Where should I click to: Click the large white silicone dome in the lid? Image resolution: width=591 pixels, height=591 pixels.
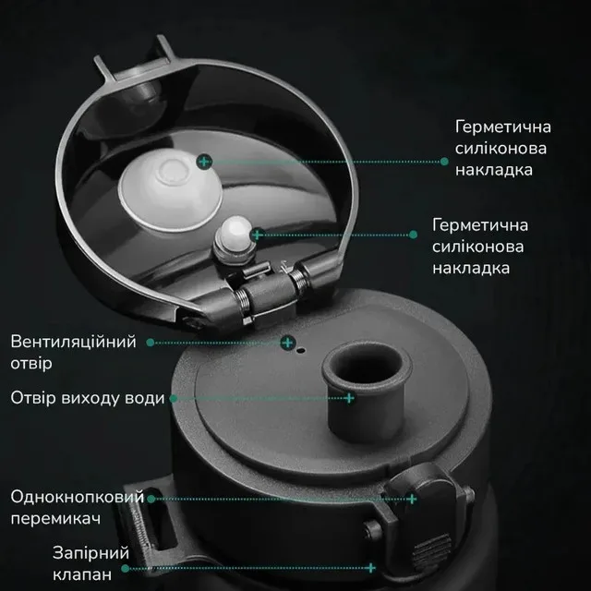click(x=171, y=189)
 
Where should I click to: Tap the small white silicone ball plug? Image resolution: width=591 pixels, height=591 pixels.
click(x=236, y=231)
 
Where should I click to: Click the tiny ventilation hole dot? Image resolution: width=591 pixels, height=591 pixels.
click(x=301, y=351)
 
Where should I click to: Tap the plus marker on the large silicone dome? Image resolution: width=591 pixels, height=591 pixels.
click(x=204, y=162)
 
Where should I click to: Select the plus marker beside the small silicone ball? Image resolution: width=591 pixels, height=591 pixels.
click(x=258, y=235)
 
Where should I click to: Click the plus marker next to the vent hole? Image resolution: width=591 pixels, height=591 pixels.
click(x=288, y=343)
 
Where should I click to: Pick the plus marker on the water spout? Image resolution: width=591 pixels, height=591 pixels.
click(x=350, y=398)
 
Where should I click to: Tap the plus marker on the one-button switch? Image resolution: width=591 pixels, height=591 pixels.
click(x=412, y=499)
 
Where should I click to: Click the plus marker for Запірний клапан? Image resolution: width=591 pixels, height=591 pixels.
click(x=371, y=568)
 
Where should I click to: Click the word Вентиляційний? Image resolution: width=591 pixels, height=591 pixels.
click(x=73, y=342)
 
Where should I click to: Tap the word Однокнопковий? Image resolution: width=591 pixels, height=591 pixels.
click(x=78, y=497)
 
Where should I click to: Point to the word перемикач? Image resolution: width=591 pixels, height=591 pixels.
click(x=55, y=519)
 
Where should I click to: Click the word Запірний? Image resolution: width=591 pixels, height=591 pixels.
click(x=90, y=553)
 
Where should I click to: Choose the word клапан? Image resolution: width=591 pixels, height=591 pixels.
click(x=82, y=574)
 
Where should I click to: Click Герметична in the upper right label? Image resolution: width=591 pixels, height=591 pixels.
click(x=502, y=127)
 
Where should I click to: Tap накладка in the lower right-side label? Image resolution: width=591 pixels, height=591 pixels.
click(x=471, y=268)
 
